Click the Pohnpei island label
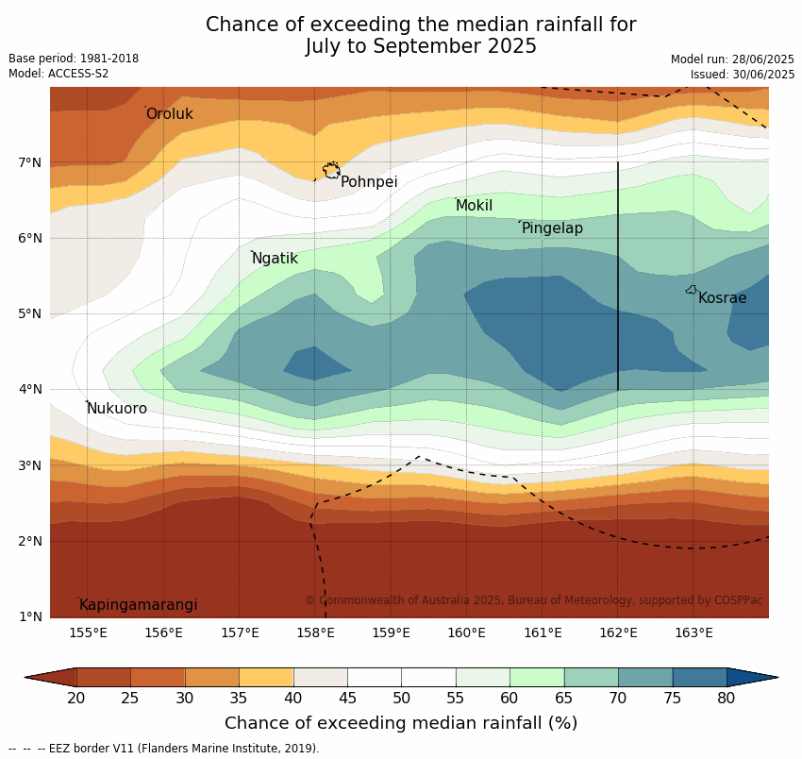click(x=369, y=182)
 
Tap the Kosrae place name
click(x=722, y=298)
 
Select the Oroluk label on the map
click(x=169, y=113)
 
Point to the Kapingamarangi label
click(x=138, y=605)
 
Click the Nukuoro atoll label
click(x=117, y=409)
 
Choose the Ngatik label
click(x=275, y=259)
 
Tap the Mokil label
click(x=475, y=206)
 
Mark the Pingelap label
click(x=552, y=228)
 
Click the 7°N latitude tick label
click(x=29, y=163)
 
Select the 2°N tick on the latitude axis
click(x=29, y=542)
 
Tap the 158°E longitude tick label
click(x=315, y=633)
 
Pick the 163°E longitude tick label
click(x=693, y=633)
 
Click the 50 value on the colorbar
click(x=402, y=698)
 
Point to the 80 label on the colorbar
click(x=727, y=698)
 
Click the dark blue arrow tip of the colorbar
click(x=777, y=677)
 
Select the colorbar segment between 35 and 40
click(x=266, y=677)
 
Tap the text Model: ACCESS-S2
click(x=58, y=74)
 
